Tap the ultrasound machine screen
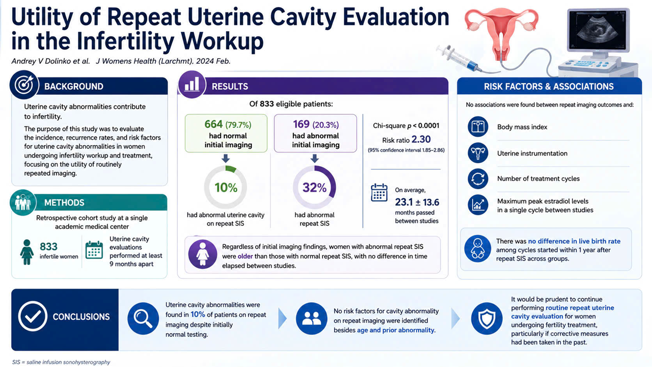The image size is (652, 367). [597, 31]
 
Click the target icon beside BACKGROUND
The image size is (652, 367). [24, 85]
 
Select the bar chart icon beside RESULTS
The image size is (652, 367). [192, 84]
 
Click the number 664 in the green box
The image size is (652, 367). [213, 124]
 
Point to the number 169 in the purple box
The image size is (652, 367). [301, 124]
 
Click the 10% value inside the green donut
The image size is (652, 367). [226, 188]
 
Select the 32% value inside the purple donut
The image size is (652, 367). [314, 188]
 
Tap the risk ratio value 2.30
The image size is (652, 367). [421, 140]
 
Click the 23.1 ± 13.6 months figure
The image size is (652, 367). [417, 202]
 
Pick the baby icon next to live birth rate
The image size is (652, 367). [477, 249]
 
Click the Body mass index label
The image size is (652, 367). [522, 127]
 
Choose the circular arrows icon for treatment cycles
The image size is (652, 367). [478, 178]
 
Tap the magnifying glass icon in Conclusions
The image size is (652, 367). [143, 319]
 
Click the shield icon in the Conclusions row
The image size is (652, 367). [486, 319]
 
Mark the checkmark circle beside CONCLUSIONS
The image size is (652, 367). [33, 317]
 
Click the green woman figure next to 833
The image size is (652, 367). [27, 252]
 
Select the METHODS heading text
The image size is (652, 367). [64, 203]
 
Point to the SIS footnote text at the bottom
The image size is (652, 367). [61, 362]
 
